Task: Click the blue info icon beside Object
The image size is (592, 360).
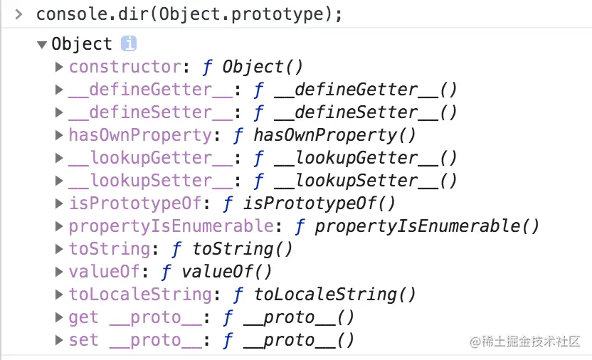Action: (x=129, y=44)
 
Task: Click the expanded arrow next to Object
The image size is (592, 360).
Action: (x=42, y=45)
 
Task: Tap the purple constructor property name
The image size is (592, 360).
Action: (x=125, y=67)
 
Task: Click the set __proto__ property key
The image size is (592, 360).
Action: (x=135, y=340)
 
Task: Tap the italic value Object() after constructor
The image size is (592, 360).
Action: (x=263, y=67)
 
